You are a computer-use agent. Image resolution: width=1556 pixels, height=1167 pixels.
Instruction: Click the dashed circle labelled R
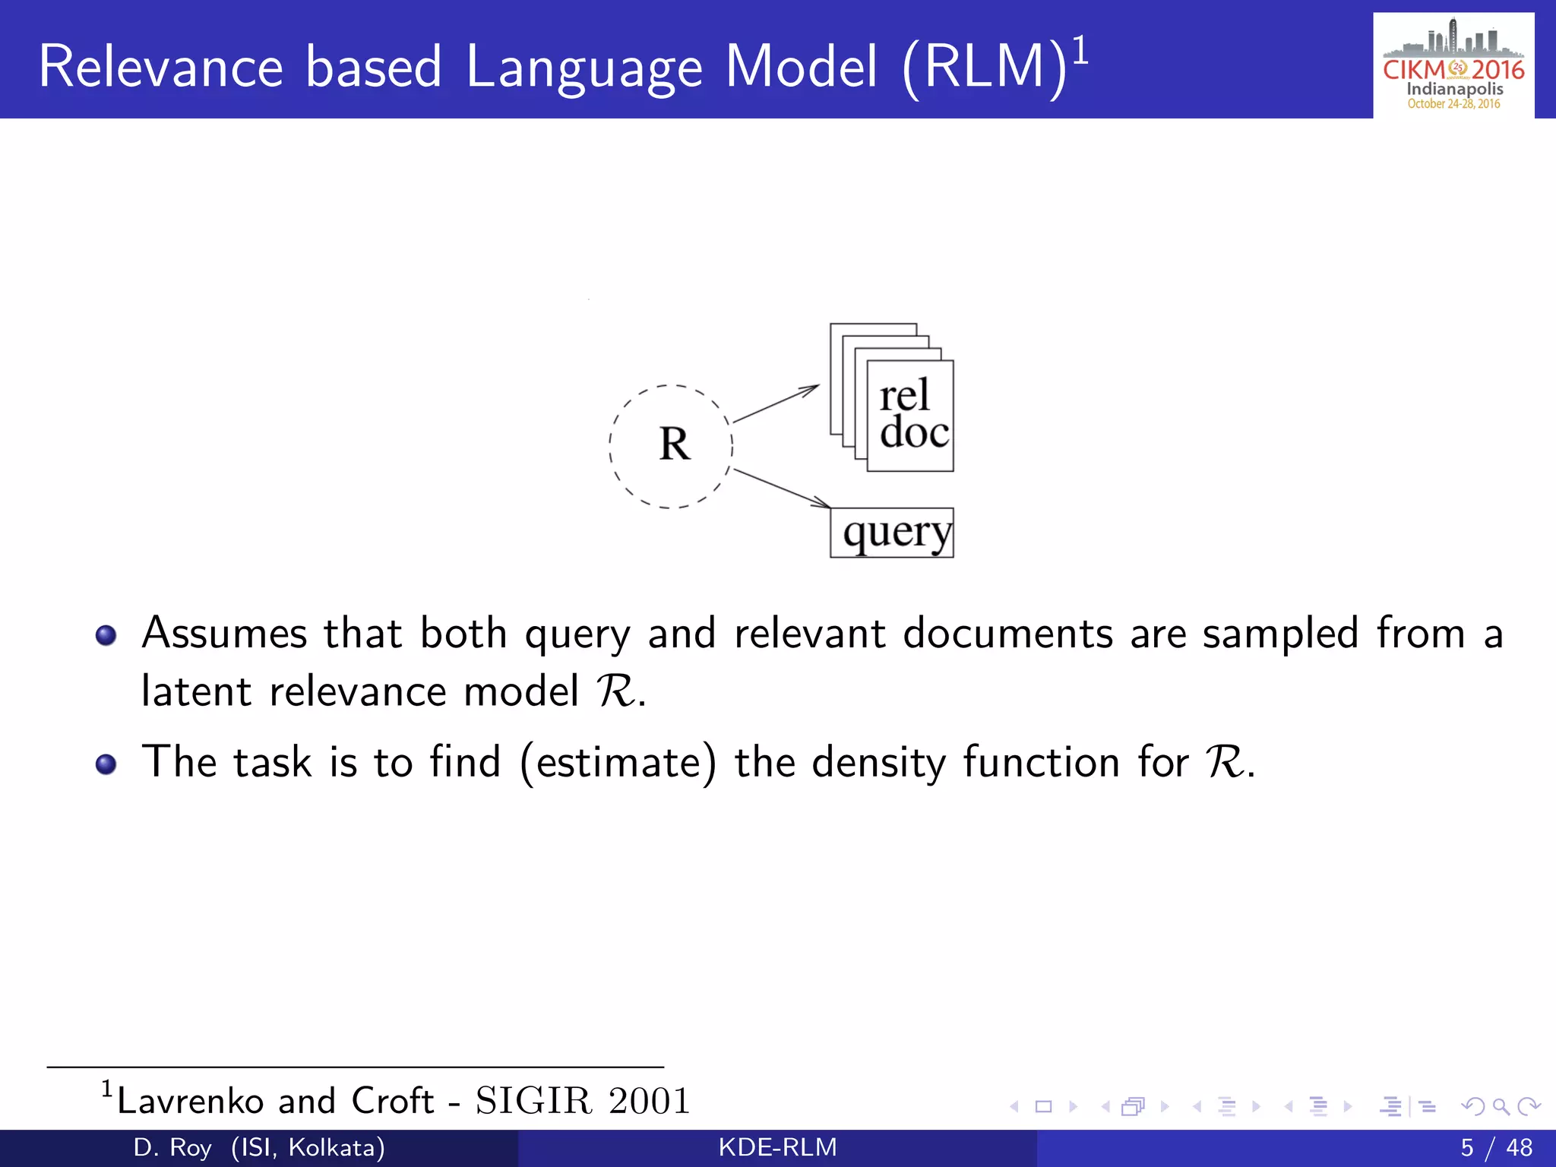click(672, 446)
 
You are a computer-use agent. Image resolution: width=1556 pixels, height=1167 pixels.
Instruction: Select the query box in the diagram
click(892, 533)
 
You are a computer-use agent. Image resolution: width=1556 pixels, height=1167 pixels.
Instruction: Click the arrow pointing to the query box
click(781, 488)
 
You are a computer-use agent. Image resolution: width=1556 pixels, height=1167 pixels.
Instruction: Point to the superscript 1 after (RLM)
click(1080, 52)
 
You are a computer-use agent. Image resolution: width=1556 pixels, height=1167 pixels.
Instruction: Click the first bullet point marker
click(106, 635)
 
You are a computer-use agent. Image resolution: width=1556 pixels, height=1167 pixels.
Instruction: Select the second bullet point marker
click(106, 764)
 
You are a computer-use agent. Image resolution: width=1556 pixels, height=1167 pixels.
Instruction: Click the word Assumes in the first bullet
click(224, 634)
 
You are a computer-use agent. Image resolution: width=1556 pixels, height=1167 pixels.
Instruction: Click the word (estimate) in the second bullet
click(618, 762)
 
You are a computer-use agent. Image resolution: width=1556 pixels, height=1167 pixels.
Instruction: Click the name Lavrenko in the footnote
click(190, 1101)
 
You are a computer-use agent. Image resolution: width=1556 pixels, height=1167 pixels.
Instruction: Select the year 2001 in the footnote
click(649, 1101)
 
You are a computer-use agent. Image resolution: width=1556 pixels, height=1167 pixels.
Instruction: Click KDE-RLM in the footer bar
click(777, 1147)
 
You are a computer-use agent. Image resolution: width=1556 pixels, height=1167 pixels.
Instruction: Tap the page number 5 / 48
click(1495, 1147)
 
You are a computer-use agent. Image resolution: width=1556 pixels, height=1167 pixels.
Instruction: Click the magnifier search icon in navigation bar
click(1501, 1106)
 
